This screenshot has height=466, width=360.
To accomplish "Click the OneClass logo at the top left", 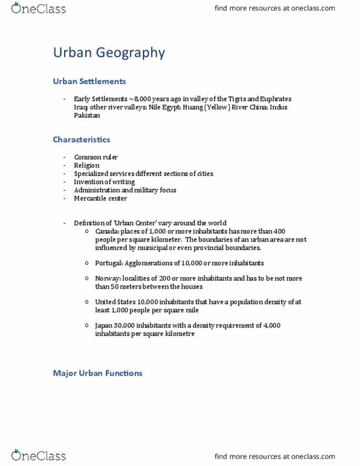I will tap(38, 8).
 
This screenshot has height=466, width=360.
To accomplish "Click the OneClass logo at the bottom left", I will tap(38, 455).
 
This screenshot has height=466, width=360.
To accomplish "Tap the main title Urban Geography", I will tap(109, 53).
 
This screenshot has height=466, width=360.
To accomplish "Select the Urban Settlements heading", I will tap(90, 81).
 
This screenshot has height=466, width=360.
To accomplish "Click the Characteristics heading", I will tap(81, 139).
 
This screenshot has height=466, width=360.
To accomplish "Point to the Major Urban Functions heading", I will tap(97, 373).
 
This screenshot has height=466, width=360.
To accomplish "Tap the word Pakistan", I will tap(87, 115).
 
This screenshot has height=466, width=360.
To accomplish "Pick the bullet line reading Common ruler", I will tap(96, 157).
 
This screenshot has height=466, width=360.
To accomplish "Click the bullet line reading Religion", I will tap(87, 165).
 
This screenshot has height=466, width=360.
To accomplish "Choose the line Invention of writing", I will tap(104, 182).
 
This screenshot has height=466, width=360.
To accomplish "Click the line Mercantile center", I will tap(100, 198).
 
